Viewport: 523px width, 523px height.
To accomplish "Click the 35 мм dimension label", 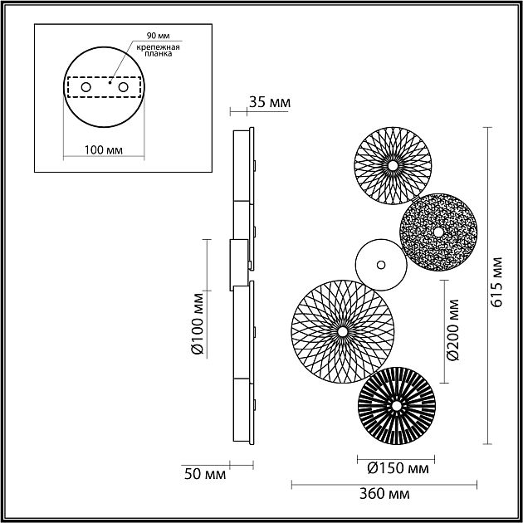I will pos(269,103).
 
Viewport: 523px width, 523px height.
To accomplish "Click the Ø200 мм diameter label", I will pos(452,331).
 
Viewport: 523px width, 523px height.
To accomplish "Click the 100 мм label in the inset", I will pos(103,150).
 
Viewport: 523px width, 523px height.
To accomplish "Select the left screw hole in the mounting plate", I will pos(84,87).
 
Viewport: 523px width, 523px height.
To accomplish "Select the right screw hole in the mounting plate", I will pos(123,87).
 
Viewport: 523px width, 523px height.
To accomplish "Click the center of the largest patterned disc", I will pos(342,330).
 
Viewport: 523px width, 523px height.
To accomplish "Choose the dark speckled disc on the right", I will pos(437,232).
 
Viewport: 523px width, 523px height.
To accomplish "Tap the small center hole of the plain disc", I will pos(380,266).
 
